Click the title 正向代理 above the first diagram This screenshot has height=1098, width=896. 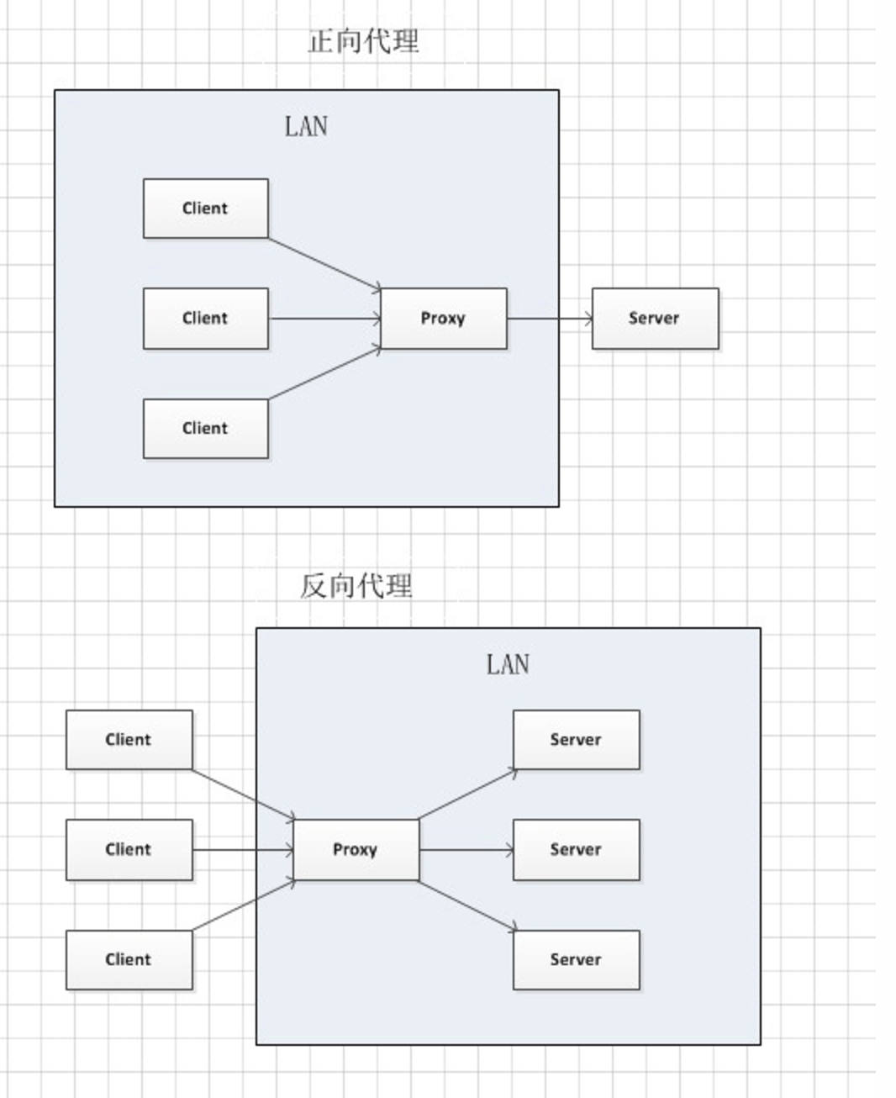click(x=363, y=41)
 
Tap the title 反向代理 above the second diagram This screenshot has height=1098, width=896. click(x=356, y=586)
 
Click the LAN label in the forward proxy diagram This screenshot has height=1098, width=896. click(x=306, y=127)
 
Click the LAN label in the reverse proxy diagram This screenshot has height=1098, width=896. click(x=508, y=665)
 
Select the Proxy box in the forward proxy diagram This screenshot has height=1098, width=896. click(x=443, y=319)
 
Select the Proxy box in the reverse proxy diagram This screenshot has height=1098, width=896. click(x=356, y=850)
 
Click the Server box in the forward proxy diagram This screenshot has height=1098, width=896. click(x=655, y=319)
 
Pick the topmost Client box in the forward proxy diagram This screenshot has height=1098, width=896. click(x=205, y=209)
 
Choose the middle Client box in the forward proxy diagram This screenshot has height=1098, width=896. click(x=205, y=319)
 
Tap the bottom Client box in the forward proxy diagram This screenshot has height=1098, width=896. click(x=205, y=429)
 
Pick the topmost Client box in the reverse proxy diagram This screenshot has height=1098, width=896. click(x=129, y=740)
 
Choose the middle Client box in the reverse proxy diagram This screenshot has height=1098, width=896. click(x=129, y=850)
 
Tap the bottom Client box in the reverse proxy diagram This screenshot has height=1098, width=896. click(x=129, y=960)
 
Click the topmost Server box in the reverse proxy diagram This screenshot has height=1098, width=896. click(x=576, y=740)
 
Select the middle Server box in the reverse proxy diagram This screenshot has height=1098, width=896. click(x=576, y=850)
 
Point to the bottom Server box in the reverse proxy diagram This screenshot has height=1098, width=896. click(x=576, y=960)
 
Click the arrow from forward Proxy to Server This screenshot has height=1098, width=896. click(x=550, y=319)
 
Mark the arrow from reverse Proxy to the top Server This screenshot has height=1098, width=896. click(x=466, y=794)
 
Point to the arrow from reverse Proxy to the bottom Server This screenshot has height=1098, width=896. click(x=466, y=905)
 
